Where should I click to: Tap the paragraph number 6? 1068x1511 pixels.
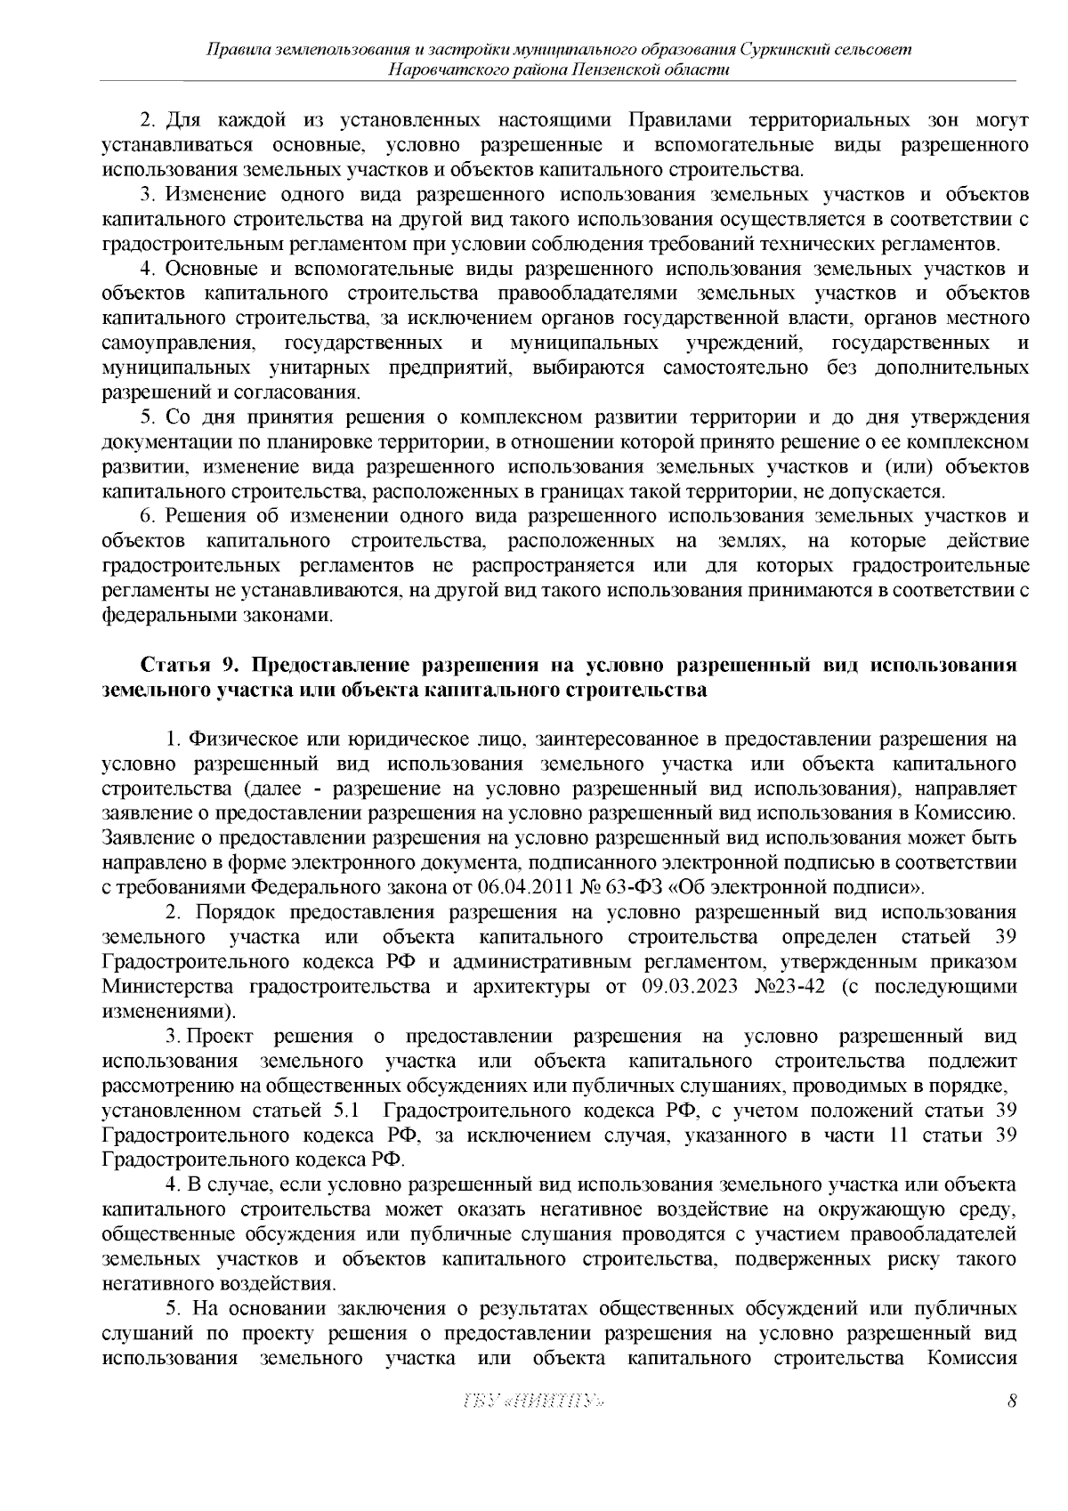pyautogui.click(x=150, y=516)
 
